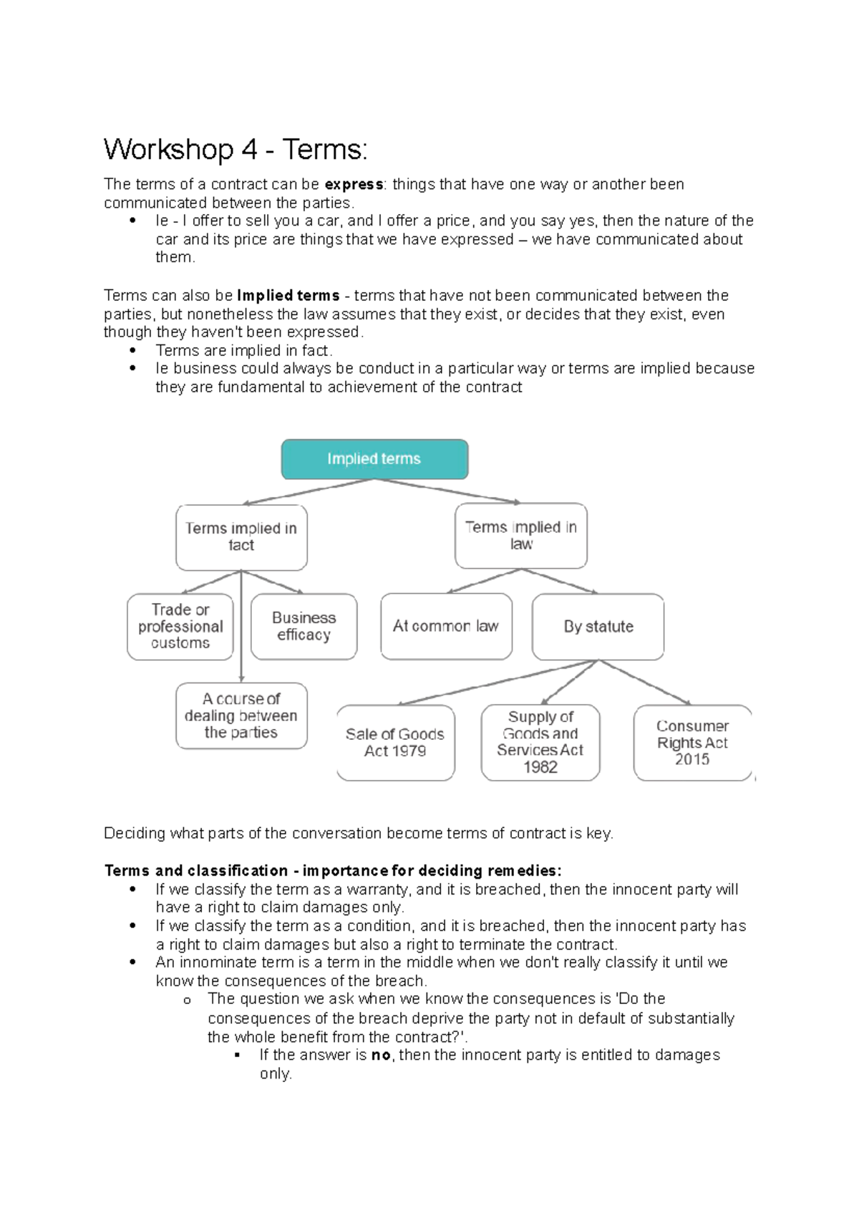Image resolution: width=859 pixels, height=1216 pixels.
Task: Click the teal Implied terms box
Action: [374, 459]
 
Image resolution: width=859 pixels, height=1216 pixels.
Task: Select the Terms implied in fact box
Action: [241, 537]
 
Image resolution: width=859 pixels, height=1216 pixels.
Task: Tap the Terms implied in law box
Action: [520, 536]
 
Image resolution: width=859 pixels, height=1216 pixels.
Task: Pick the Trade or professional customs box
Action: [180, 627]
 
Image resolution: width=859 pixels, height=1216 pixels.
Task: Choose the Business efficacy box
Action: [304, 627]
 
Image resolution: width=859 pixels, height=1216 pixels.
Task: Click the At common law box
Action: [446, 626]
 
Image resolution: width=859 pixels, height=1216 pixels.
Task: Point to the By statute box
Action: [598, 627]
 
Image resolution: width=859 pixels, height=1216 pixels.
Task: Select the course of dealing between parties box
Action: [241, 715]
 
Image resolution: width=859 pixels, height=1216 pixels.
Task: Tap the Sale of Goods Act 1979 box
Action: [395, 743]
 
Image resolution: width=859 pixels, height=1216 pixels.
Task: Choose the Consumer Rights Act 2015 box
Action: [692, 743]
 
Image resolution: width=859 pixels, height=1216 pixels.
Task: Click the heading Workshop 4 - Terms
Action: [236, 150]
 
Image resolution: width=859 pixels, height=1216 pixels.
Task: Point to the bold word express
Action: [354, 185]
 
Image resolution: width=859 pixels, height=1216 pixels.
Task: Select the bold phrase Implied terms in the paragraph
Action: [288, 296]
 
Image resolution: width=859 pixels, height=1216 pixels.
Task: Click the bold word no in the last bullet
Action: [381, 1055]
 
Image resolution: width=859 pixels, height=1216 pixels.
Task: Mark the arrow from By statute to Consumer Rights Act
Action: [645, 682]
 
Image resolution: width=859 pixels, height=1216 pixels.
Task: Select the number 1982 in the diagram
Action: [540, 767]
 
